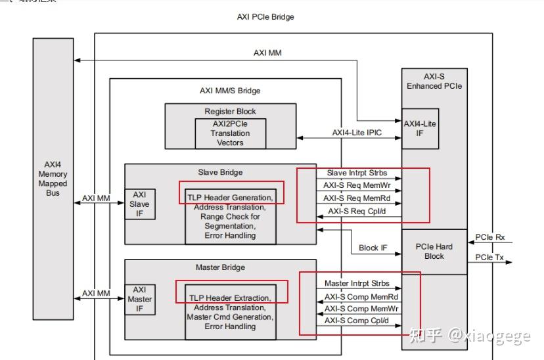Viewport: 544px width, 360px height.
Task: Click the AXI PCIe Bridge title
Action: click(265, 17)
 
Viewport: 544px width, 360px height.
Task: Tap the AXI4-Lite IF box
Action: click(419, 128)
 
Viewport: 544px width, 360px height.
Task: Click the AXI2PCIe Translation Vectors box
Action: click(230, 133)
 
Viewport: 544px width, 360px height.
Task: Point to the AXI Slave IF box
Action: click(139, 204)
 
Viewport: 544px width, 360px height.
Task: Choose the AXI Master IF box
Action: click(139, 299)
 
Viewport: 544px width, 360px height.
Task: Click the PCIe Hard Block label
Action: click(434, 252)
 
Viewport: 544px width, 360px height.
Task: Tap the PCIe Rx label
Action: click(490, 237)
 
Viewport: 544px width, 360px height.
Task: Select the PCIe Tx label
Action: click(490, 257)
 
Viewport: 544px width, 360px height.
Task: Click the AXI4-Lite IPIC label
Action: click(357, 133)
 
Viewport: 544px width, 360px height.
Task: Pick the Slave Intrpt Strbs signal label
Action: click(357, 173)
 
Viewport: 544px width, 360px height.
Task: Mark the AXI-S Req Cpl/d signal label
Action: click(357, 212)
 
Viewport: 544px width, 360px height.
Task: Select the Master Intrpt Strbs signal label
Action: click(357, 284)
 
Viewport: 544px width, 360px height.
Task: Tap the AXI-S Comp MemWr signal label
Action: click(357, 308)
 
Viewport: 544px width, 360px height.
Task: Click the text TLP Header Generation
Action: click(231, 198)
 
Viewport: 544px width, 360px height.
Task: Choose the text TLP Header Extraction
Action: click(230, 298)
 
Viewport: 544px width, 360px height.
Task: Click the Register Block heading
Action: click(230, 112)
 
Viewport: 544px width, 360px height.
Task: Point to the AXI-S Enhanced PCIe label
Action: click(434, 81)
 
